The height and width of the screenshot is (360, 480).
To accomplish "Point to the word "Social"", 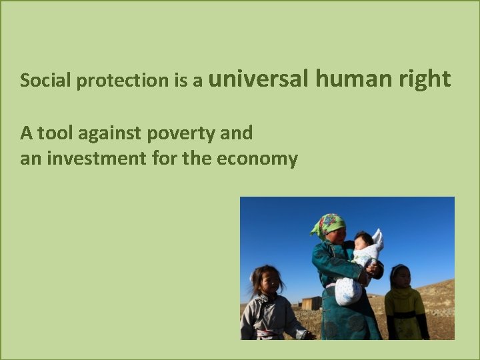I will tap(46, 81).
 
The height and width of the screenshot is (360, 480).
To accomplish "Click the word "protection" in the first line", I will tap(123, 81).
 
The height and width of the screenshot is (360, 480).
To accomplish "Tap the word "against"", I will tap(111, 134).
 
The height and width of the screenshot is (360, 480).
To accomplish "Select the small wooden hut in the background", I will tap(311, 303).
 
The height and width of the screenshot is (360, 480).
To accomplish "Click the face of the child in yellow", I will tap(401, 279).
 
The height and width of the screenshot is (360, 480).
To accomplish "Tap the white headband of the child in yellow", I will tap(399, 268).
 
